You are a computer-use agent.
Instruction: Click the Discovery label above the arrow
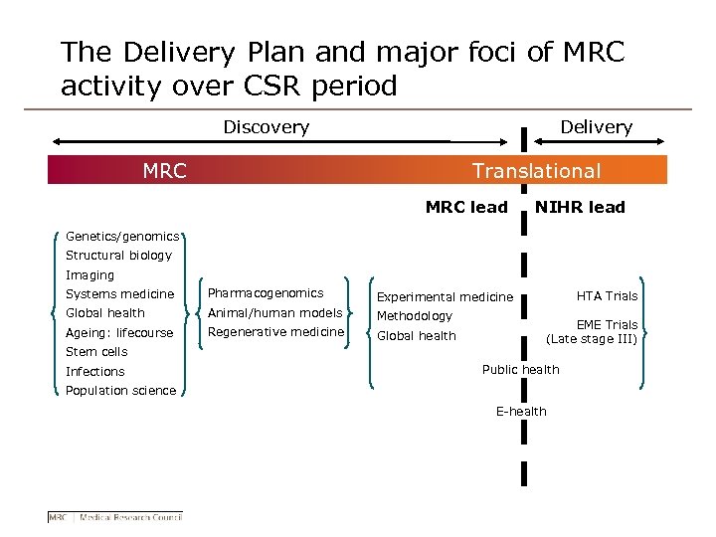tap(266, 127)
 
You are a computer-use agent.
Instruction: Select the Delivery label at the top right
tap(596, 127)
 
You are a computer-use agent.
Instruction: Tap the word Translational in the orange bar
tap(536, 171)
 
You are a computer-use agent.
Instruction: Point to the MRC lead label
tap(465, 208)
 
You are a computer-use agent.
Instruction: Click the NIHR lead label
tap(580, 208)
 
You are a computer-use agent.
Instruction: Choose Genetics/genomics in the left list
tap(121, 237)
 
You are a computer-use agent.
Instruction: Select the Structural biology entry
tap(118, 256)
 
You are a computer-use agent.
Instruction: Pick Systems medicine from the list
tap(119, 294)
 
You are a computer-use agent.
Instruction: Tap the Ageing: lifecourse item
tap(119, 333)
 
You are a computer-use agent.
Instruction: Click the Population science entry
tap(120, 391)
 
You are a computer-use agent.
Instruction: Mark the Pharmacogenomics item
tap(266, 293)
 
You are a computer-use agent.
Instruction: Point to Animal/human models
tap(274, 313)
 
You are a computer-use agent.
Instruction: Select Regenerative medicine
tap(275, 332)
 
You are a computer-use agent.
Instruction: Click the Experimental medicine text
tap(445, 296)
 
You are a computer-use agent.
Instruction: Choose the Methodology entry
tap(415, 315)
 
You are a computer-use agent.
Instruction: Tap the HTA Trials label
tap(608, 295)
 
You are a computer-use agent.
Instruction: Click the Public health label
tap(520, 370)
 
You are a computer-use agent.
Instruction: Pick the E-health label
tap(521, 412)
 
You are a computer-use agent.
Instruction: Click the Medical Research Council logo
tap(115, 516)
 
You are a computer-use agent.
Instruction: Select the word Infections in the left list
tap(95, 372)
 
